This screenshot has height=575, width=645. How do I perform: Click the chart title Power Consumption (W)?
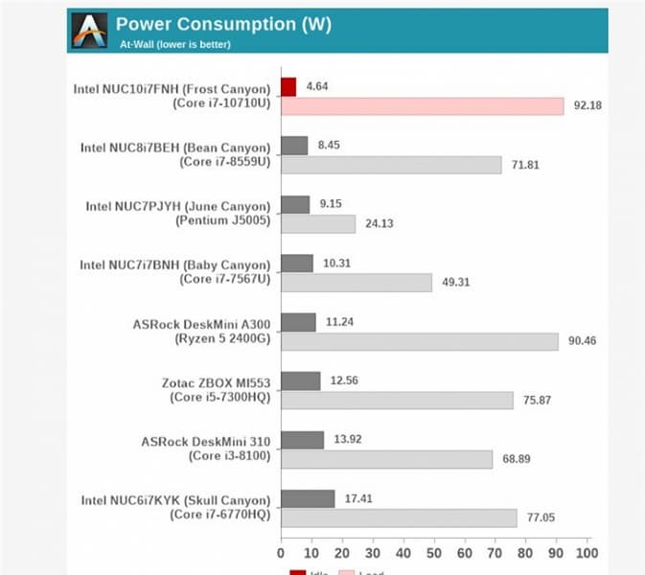(x=222, y=24)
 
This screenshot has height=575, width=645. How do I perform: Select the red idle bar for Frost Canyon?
(x=288, y=87)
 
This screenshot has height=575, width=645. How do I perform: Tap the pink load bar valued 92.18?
(x=422, y=105)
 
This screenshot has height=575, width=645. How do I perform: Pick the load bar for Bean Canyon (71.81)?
(x=390, y=165)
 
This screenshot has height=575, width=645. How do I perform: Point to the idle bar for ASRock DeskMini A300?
(x=298, y=322)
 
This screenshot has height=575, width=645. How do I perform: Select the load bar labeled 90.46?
(x=419, y=342)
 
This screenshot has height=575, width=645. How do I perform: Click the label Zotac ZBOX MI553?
(x=216, y=382)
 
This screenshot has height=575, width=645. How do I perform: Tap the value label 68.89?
(x=518, y=460)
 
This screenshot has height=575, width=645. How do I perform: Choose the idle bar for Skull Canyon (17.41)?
(x=308, y=498)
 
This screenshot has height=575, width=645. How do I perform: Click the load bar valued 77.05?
(x=399, y=518)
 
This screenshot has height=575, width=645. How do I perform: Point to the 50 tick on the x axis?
(x=433, y=553)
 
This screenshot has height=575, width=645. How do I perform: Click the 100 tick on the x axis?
(x=586, y=553)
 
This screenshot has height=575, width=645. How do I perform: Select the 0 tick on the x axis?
(x=281, y=553)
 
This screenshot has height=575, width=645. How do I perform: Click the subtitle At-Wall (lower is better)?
(x=174, y=44)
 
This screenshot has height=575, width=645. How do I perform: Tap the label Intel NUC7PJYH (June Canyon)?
(x=178, y=206)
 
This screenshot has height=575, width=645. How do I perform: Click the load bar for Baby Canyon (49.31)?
(x=356, y=283)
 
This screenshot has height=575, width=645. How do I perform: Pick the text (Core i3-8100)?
(x=223, y=456)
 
